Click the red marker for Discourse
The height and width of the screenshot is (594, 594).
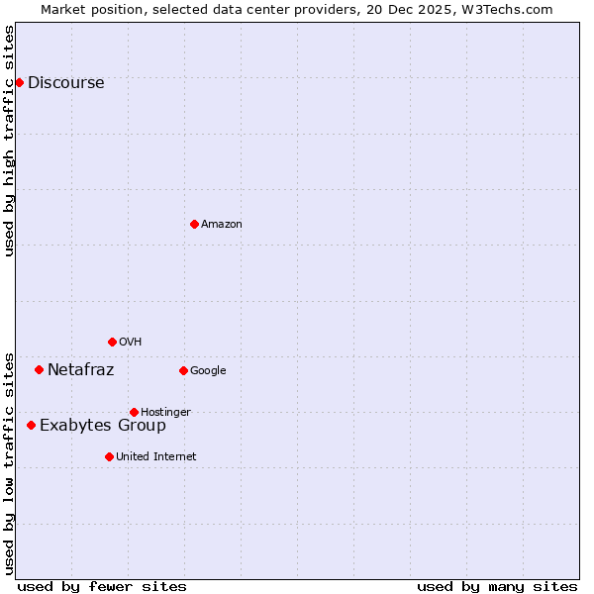tap(19, 82)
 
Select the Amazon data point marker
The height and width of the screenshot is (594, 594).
tap(194, 224)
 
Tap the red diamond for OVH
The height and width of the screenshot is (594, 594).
tap(112, 342)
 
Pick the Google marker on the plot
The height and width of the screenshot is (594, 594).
tap(183, 370)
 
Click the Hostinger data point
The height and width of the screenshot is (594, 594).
tap(134, 412)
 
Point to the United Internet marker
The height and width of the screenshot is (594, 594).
tap(109, 456)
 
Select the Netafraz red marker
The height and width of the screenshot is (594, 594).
tap(39, 369)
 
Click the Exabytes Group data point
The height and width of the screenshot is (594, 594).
tap(31, 425)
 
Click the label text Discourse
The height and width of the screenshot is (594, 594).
tap(65, 83)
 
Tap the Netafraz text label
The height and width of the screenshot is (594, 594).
tap(80, 370)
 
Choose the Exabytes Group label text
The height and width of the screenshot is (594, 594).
tap(102, 426)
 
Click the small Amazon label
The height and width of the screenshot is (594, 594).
tap(222, 225)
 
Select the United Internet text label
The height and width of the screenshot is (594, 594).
tap(155, 457)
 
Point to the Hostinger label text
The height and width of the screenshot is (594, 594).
tap(165, 413)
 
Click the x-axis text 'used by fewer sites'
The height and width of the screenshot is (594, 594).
tap(102, 586)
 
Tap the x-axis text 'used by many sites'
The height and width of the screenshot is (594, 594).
tap(497, 586)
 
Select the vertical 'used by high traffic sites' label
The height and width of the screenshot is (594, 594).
tap(10, 140)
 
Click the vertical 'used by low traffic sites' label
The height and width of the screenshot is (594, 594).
tap(10, 462)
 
